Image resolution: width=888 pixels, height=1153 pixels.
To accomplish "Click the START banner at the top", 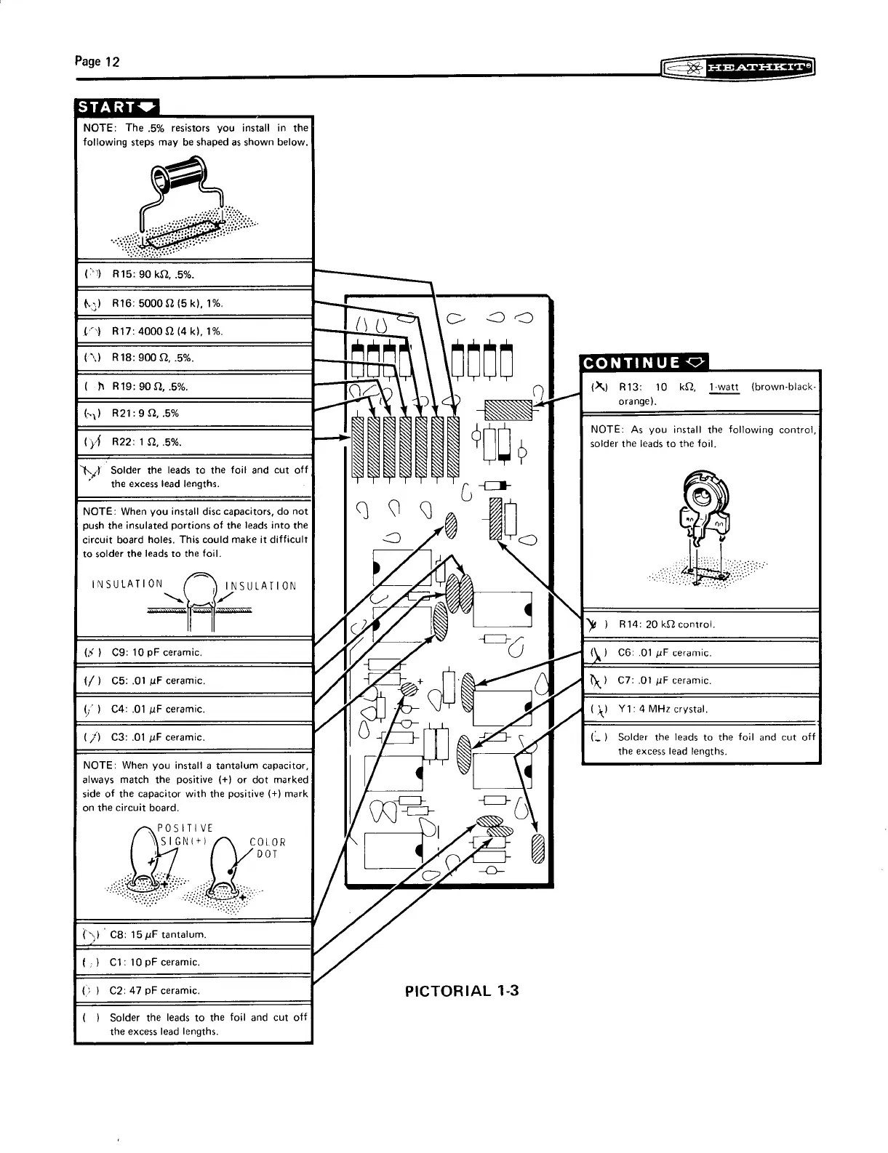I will coord(116,107).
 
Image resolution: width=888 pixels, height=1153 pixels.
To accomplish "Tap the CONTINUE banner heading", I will coord(643,362).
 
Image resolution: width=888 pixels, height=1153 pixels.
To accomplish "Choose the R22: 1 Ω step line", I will coord(147,442).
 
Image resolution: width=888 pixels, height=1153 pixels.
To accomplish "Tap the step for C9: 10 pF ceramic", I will coord(156,652).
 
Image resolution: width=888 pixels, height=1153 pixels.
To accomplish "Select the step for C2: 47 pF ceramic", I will coord(154,990).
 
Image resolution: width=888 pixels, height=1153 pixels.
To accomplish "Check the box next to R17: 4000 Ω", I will coord(92,331).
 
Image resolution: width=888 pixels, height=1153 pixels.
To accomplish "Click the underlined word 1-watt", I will coord(724,387).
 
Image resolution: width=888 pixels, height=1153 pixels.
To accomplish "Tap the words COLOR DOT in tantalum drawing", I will coord(268,848).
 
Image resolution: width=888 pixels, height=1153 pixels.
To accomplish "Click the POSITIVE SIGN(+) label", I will coord(187,835).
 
